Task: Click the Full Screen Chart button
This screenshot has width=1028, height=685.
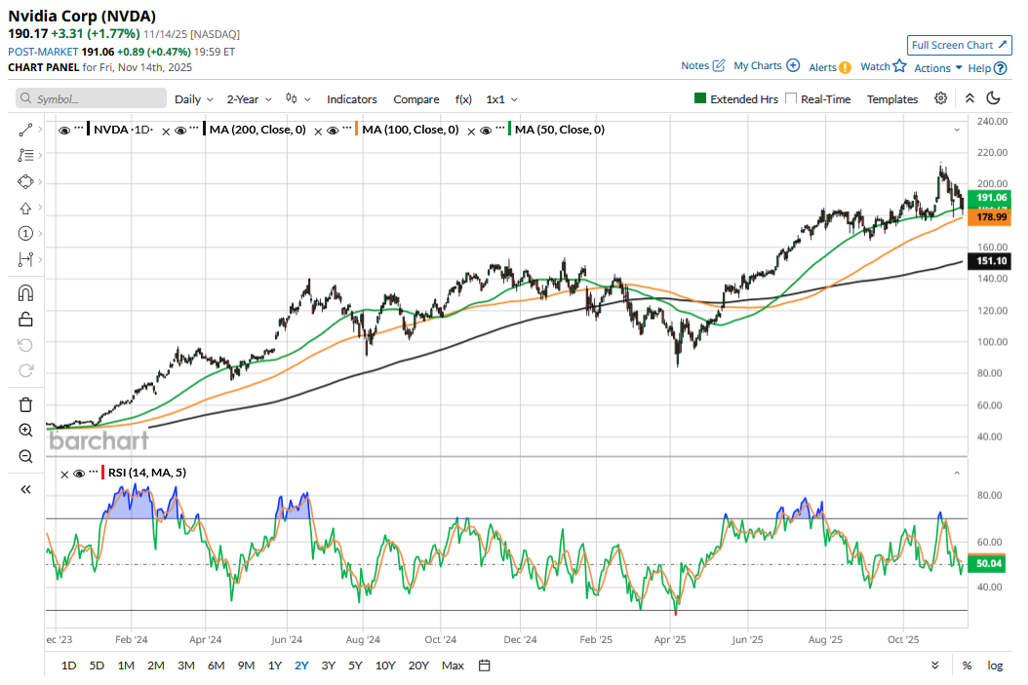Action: click(960, 45)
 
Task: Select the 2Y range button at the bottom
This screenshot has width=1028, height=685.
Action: click(302, 666)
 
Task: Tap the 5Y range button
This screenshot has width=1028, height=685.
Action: click(356, 666)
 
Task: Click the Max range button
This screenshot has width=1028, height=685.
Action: click(453, 666)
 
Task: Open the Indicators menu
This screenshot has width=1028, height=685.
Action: click(351, 99)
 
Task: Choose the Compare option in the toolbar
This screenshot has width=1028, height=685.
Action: click(416, 99)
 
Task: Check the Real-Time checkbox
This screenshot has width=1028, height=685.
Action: click(791, 99)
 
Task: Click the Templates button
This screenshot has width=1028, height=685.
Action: click(892, 99)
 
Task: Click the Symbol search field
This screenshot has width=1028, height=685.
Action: click(92, 99)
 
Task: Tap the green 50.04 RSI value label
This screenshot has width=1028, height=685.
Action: click(988, 564)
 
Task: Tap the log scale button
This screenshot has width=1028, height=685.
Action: click(995, 666)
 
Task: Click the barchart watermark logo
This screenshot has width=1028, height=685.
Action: click(99, 440)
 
